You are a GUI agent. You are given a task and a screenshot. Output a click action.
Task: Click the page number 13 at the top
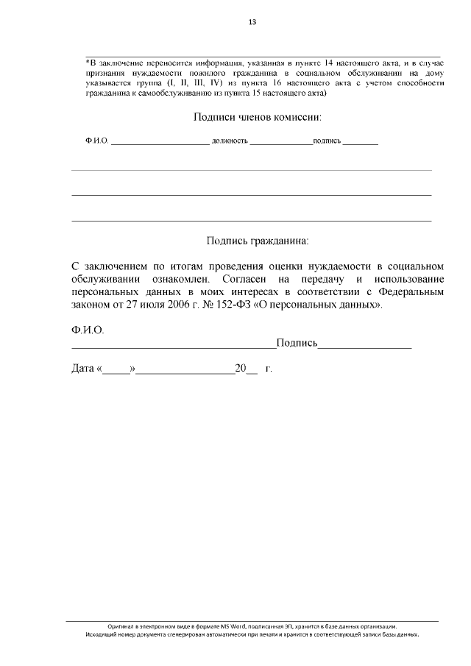coord(252,22)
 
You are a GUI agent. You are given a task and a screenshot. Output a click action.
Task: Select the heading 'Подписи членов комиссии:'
coord(258,117)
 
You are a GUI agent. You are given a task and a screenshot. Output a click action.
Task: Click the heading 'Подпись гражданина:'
coord(258,240)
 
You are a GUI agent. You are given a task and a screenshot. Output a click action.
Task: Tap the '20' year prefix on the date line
coord(240,368)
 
